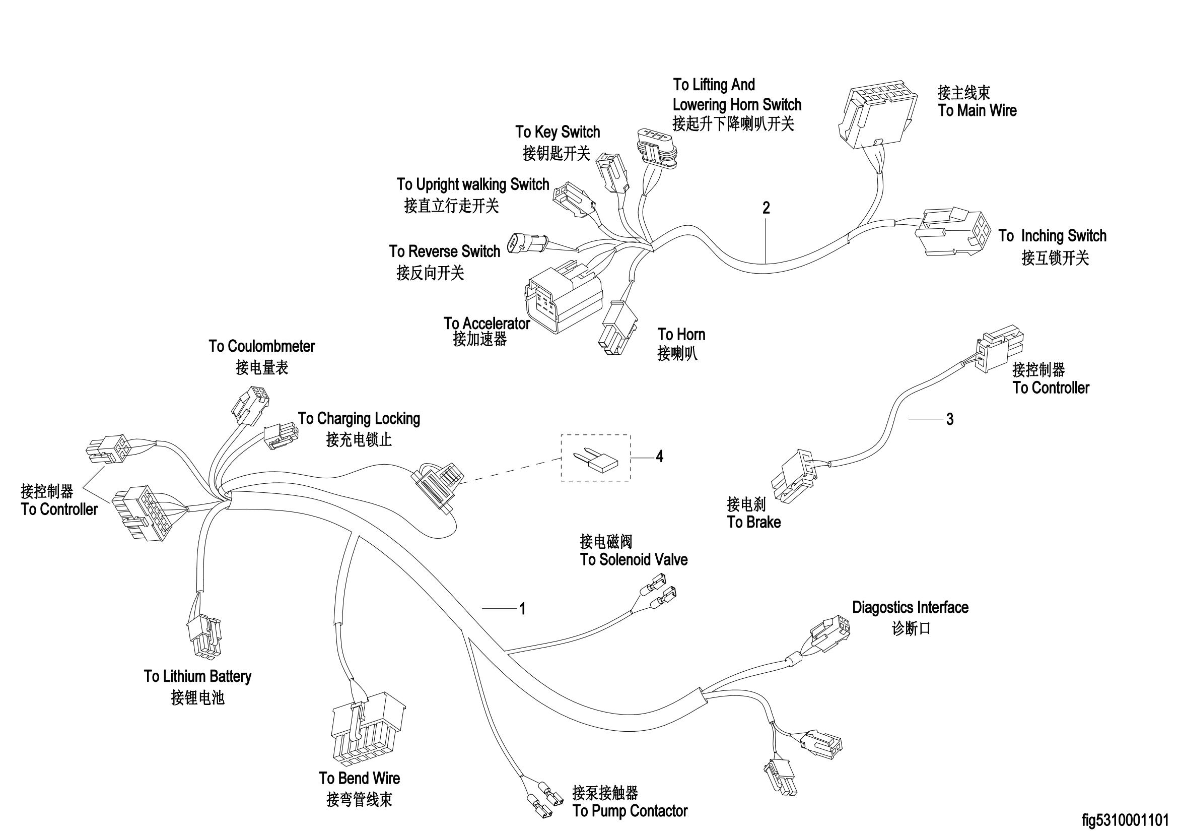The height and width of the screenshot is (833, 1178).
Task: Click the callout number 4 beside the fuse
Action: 659,456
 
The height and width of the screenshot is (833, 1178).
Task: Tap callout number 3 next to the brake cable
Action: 950,419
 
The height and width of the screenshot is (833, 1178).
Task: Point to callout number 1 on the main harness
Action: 522,609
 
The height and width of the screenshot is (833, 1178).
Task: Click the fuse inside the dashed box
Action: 598,460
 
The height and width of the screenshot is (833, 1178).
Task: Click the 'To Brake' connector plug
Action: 794,476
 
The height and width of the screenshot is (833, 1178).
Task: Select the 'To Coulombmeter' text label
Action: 262,346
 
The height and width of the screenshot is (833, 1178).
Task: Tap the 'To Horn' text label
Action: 681,335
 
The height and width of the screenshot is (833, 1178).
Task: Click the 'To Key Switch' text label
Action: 558,133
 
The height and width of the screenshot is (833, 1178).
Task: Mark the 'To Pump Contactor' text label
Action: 630,811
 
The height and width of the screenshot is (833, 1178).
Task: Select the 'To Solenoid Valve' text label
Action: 634,559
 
